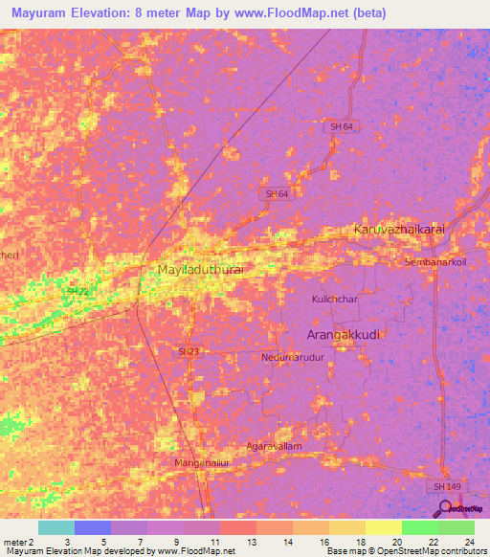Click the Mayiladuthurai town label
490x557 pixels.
201,271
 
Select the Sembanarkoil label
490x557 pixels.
434,261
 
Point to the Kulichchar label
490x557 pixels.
334,300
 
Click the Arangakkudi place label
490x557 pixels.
345,334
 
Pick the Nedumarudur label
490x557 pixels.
293,357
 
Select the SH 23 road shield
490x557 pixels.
189,353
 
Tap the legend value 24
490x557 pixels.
468,541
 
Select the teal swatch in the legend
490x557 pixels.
56,527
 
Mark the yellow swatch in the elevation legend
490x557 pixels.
382,527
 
